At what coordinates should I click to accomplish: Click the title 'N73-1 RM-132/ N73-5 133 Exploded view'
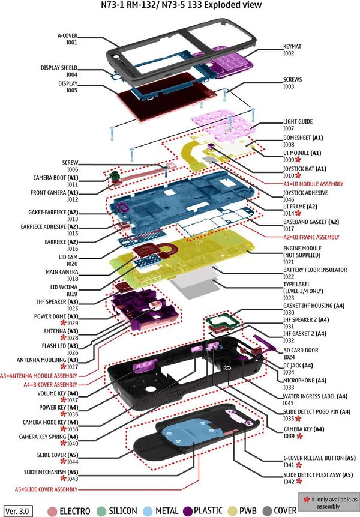click(181, 6)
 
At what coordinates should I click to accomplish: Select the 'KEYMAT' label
click(294, 46)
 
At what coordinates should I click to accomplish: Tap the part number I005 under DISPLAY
click(71, 91)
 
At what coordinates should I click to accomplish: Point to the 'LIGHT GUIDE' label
click(298, 121)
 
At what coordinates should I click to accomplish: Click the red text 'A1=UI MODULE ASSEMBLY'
click(313, 183)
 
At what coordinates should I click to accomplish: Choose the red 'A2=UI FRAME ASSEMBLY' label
click(311, 237)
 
